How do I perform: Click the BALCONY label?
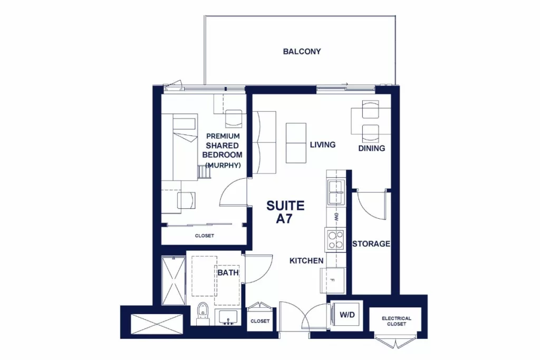(x=302, y=52)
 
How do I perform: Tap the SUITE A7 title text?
(x=285, y=212)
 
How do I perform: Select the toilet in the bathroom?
(x=203, y=314)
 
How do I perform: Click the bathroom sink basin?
(x=228, y=317)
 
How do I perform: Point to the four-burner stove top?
(x=335, y=239)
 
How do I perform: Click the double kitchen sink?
(x=336, y=192)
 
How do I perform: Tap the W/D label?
(x=347, y=315)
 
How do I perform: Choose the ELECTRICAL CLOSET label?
(x=397, y=321)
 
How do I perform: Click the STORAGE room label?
(x=371, y=244)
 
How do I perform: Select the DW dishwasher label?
(x=336, y=217)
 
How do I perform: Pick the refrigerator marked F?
(x=333, y=280)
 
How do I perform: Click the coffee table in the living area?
(x=296, y=143)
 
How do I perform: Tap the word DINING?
(x=372, y=148)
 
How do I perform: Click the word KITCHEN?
(x=306, y=261)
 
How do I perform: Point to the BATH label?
(x=228, y=273)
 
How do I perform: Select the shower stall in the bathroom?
(x=173, y=280)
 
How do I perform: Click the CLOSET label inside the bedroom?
(x=205, y=236)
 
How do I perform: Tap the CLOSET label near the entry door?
(x=260, y=321)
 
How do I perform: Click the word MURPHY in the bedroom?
(x=223, y=165)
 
